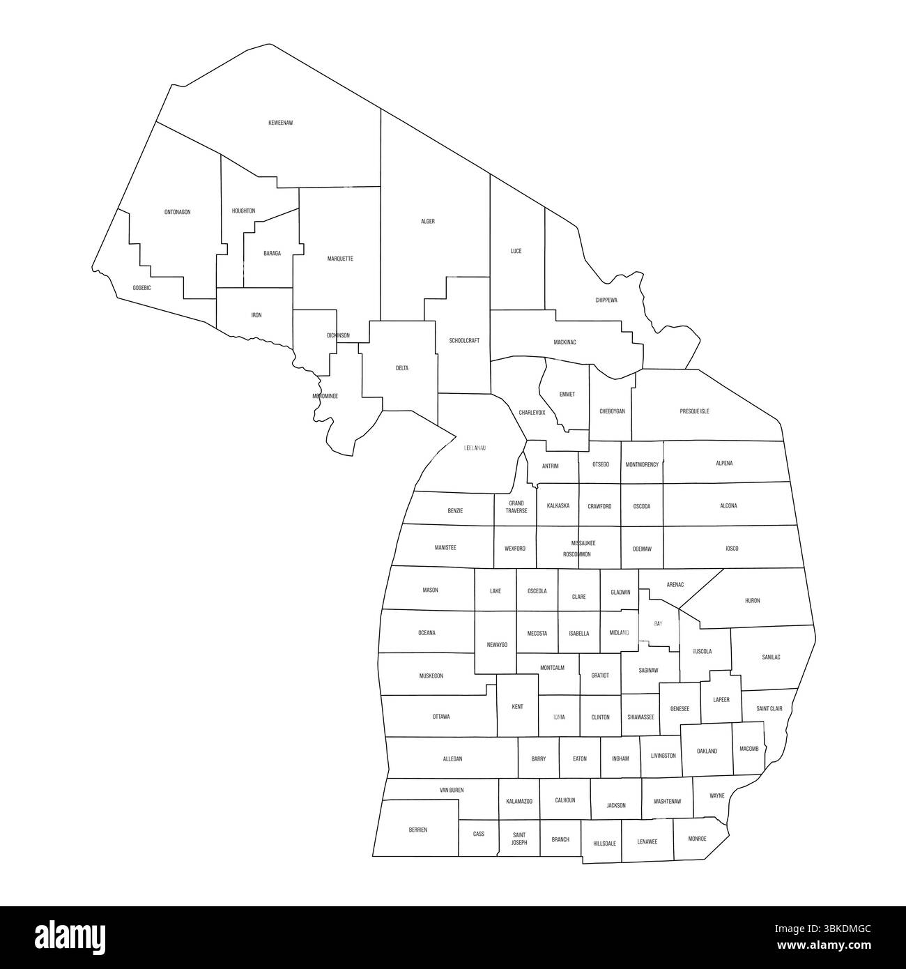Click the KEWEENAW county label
[x=280, y=123]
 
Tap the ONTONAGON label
[x=177, y=212]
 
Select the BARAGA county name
[x=272, y=254]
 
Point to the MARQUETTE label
[x=340, y=259]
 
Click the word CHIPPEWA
[x=606, y=300]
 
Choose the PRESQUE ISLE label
[x=694, y=411]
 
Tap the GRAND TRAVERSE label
[x=516, y=507]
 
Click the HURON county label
[x=753, y=600]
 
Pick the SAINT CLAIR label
[x=769, y=709]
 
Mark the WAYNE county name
[x=717, y=795]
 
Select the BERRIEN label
[x=417, y=830]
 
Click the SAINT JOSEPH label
[x=519, y=838]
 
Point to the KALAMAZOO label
[x=519, y=802]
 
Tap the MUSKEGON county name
[x=431, y=676]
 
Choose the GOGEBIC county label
[x=141, y=288]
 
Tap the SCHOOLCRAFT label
[x=464, y=341]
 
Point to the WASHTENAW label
[x=668, y=802]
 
